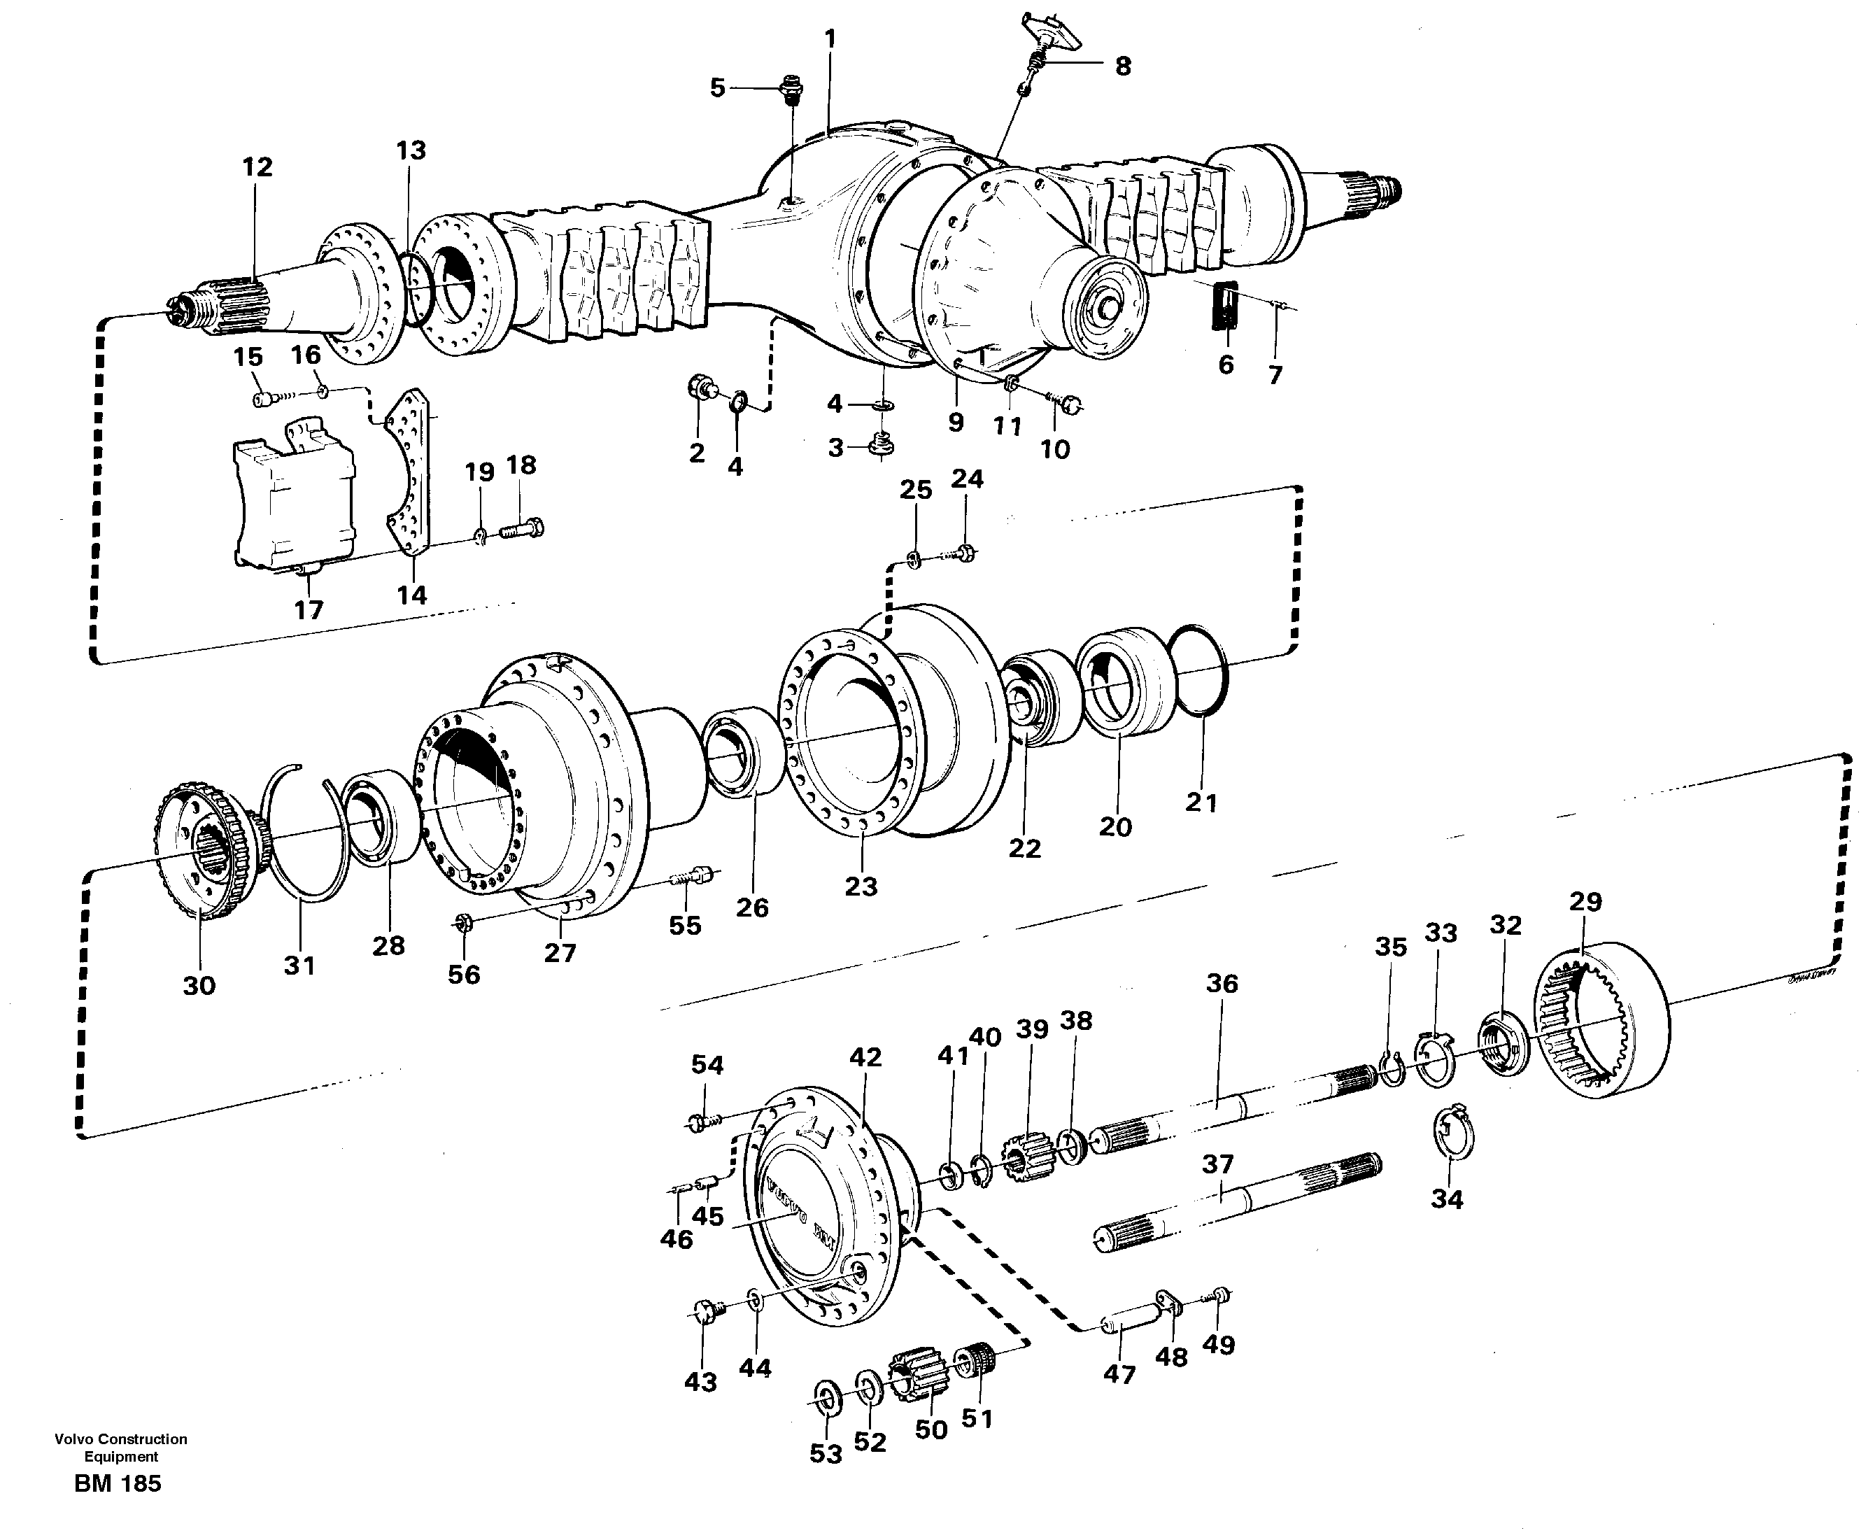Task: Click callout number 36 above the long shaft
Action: [1222, 983]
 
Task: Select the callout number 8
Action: [1122, 66]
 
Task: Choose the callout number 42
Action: [865, 1057]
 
